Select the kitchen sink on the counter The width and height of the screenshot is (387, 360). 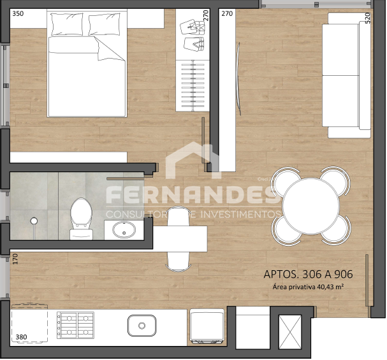point(142,326)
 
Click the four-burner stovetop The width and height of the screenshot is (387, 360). point(76,325)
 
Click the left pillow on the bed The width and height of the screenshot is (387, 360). point(66,25)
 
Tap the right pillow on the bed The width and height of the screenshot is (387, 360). point(106,25)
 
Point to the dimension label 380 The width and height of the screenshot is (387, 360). point(21,338)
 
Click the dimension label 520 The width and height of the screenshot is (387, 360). point(368,18)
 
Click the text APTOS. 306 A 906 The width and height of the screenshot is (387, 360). point(308,275)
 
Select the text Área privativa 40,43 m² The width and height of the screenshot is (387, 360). point(309,287)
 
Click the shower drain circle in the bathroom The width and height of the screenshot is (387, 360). point(34,221)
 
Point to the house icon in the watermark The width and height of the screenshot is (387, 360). point(189,160)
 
